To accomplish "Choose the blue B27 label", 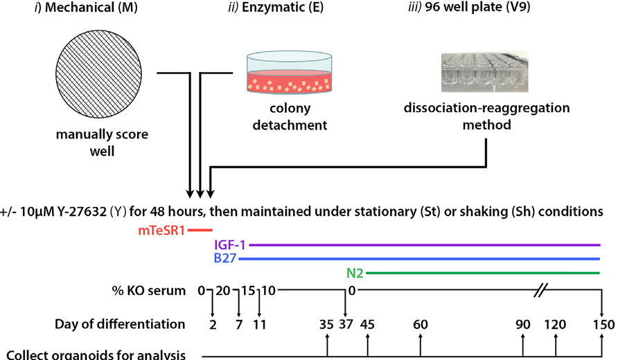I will coord(225,259).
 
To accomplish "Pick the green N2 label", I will coord(355,273).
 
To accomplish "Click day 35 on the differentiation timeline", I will coord(326,324).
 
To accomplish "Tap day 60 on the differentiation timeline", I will coord(420,324).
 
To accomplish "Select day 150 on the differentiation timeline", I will coord(601,324).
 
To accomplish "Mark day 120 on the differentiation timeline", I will coord(555,324).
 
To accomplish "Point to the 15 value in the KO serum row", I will coord(239,290).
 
